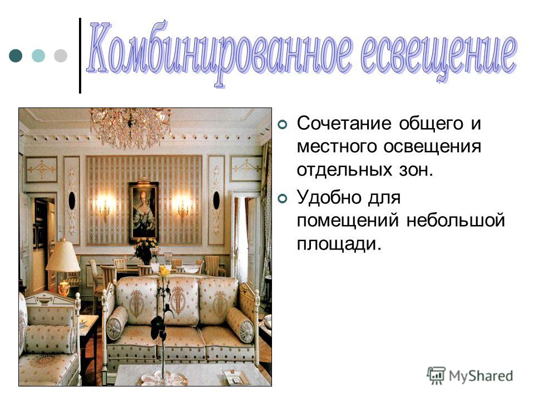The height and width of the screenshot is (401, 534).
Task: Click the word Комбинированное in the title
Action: pos(220,52)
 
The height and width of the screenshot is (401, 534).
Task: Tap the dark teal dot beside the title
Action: pos(16,56)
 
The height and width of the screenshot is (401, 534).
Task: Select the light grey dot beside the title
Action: pos(61,56)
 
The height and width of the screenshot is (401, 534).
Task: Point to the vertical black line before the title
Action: pos(80,55)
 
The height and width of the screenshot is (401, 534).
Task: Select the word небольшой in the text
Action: pos(456,221)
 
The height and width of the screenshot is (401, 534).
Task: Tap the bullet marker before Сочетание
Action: pos(283,125)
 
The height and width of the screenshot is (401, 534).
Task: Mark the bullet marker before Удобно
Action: pos(283,198)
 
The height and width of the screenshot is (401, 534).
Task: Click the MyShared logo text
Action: pos(481,376)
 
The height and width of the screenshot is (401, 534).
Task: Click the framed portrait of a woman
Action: pos(144,212)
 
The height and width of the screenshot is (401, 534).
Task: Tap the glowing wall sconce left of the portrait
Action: pos(104,206)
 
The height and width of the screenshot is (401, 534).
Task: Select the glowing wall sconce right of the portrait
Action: pos(183,206)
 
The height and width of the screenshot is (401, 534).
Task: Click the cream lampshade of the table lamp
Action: pos(63,256)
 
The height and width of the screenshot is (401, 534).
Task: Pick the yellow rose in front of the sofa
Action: pos(164,271)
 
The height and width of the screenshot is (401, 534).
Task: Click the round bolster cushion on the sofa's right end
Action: pos(240,324)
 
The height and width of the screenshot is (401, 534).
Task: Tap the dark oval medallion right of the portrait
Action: pos(216,200)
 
